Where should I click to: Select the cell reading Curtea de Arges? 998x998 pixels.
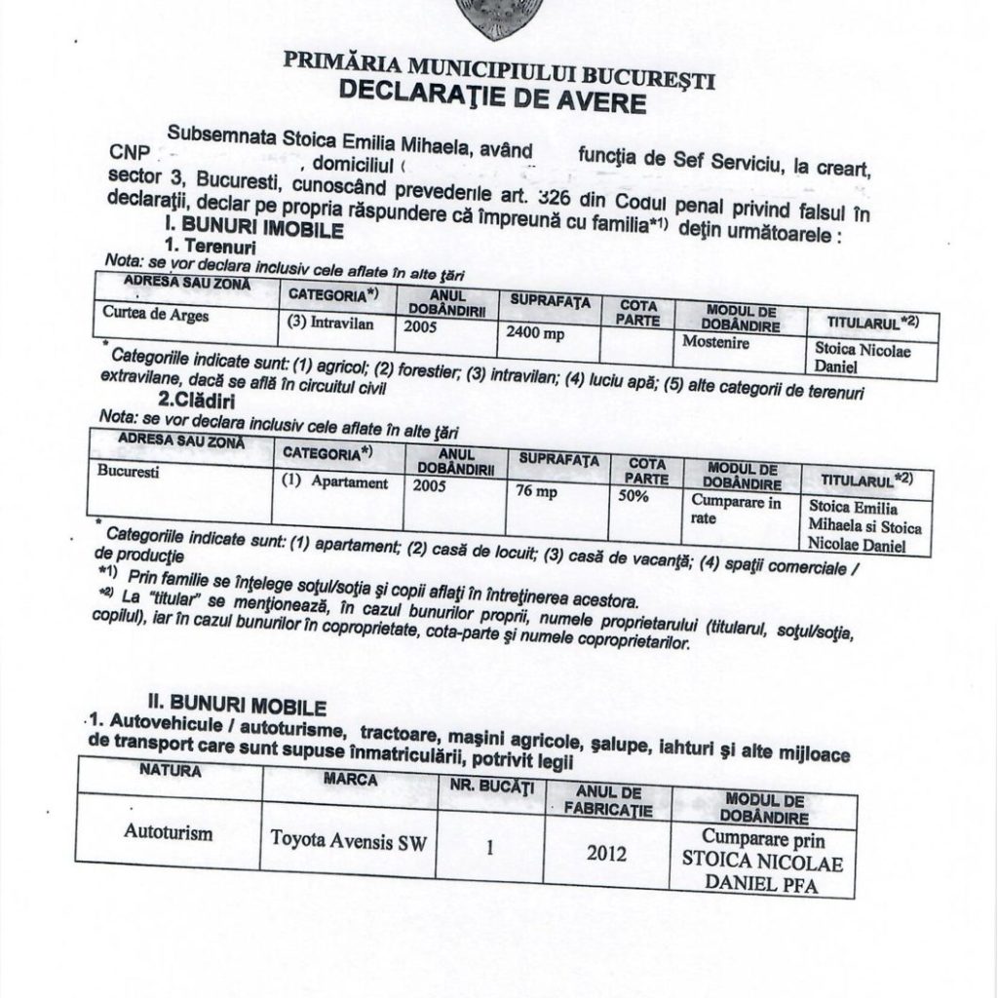[x=156, y=316]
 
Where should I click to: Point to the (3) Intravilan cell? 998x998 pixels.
[x=327, y=322]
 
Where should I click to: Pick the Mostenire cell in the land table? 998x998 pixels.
[x=715, y=341]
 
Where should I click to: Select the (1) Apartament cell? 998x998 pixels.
[x=334, y=482]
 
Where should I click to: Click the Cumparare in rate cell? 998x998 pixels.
[x=736, y=510]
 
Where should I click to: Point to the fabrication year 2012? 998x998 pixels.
[x=605, y=854]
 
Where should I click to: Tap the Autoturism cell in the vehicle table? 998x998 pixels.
[x=168, y=834]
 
